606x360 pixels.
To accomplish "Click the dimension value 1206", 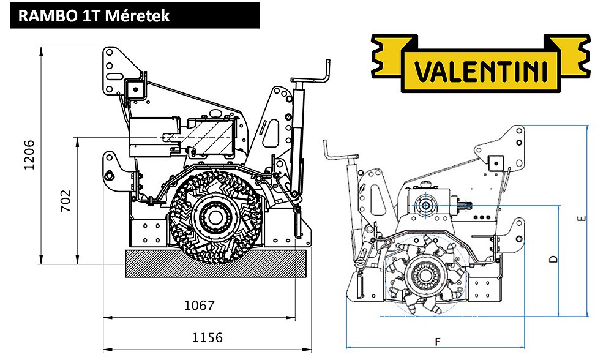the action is (29, 155).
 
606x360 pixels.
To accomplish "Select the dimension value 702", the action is (66, 200).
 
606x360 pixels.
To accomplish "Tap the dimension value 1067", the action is (199, 306).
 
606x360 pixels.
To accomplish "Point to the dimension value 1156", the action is (208, 337).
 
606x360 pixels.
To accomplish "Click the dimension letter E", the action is (582, 219).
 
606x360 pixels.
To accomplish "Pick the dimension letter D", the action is (554, 259).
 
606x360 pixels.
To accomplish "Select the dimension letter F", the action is (438, 342).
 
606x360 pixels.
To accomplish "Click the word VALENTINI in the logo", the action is (481, 71).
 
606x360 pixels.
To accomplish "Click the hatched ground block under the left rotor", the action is (215, 263).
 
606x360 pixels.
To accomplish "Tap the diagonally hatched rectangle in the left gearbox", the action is (212, 136).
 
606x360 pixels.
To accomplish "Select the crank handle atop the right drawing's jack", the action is (337, 152).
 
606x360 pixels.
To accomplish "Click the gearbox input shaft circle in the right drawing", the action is (425, 205).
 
